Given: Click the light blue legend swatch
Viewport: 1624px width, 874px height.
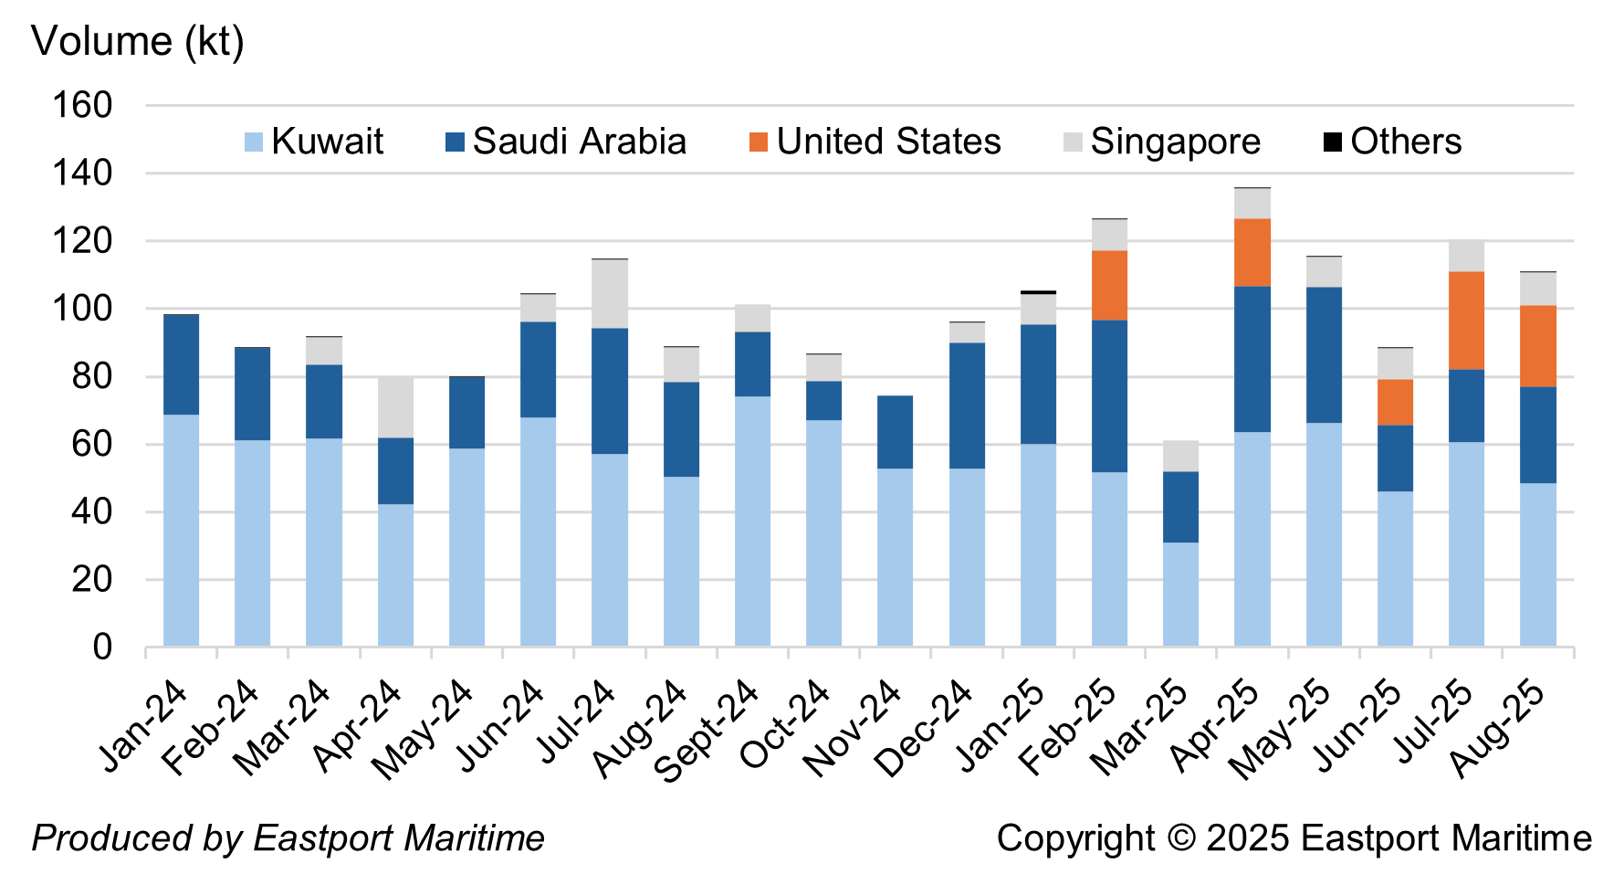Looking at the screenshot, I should point(254,142).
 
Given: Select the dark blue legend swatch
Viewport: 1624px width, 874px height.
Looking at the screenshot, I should point(455,142).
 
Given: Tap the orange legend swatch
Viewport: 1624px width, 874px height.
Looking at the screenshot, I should point(759,142).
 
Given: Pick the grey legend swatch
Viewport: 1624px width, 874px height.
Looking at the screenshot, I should point(1073,142).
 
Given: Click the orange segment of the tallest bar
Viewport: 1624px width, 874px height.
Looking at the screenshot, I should point(1252,252).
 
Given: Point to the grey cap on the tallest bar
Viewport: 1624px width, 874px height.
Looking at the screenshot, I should point(1252,204).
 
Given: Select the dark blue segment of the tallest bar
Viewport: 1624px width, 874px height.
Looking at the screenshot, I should point(1252,359).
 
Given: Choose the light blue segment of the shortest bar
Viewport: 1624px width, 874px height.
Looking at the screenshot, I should point(1181,595).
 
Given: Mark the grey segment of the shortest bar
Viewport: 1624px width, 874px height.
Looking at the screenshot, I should point(1181,456).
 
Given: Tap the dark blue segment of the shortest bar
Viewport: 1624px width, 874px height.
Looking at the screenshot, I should point(1181,507).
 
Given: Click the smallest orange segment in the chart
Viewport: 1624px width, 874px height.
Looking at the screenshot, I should point(1395,402).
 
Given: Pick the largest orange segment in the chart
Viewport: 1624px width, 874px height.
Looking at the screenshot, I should point(1466,321).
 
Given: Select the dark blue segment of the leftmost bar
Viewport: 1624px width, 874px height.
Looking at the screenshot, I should point(182,365).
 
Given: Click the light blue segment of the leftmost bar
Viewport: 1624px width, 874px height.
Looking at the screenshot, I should point(182,531).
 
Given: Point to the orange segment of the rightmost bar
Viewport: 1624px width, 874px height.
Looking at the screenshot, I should point(1538,346).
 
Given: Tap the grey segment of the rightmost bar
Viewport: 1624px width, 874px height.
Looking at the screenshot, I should point(1538,289).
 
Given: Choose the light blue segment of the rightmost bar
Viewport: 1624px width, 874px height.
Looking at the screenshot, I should point(1538,564).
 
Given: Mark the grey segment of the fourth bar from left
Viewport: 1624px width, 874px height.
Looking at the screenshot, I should point(396,407).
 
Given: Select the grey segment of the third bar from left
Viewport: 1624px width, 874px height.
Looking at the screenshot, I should point(324,351).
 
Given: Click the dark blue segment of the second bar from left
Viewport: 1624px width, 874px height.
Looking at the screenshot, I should point(253,395).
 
